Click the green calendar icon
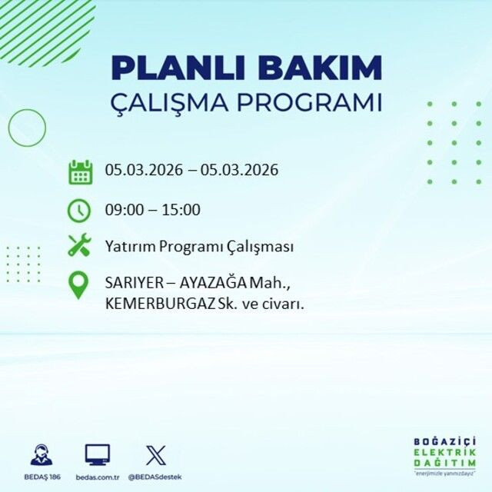tap(80, 171)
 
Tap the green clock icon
tap(80, 209)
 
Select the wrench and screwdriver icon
tap(80, 246)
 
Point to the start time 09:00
tap(123, 210)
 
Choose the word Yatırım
tap(127, 247)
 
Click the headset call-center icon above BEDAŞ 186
tap(42, 454)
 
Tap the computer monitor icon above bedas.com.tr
tap(97, 454)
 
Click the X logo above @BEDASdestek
tap(155, 454)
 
